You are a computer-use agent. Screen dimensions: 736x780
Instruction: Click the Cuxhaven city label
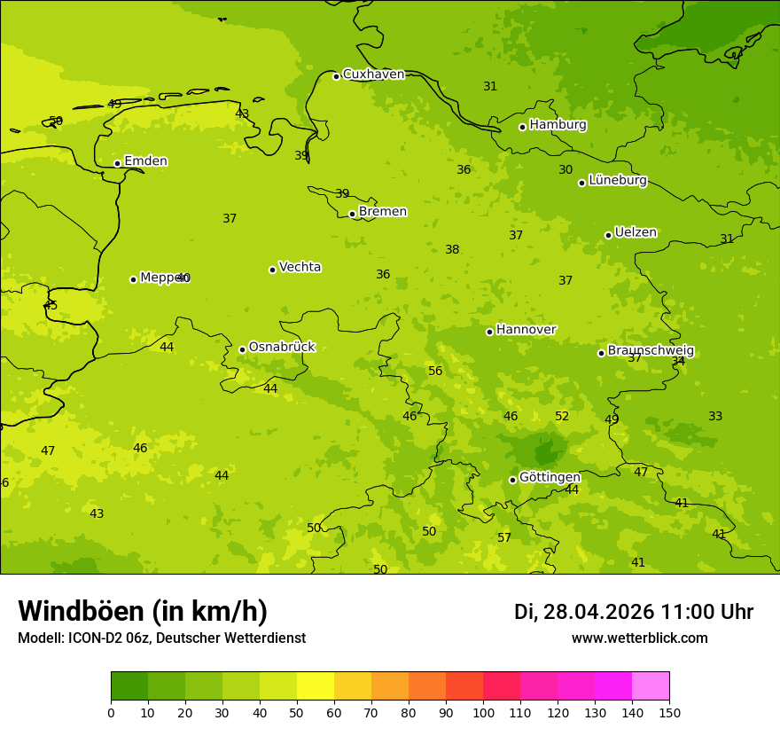coord(373,74)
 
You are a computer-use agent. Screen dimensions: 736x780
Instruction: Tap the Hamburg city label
coord(558,125)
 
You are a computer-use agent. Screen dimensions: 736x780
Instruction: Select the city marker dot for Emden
coord(117,163)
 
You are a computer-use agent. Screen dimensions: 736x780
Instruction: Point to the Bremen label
coord(383,212)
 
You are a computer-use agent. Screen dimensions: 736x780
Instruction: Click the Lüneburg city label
coord(617,181)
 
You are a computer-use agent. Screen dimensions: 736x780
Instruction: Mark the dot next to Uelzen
coord(608,235)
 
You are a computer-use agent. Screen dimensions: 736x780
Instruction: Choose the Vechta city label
coord(300,267)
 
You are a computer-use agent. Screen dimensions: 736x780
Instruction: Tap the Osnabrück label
coord(282,348)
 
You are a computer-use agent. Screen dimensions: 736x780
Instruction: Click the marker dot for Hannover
coord(489,332)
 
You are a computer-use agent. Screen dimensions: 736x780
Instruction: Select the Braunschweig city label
coord(651,351)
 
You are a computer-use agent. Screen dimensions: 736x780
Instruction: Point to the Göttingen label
coord(550,478)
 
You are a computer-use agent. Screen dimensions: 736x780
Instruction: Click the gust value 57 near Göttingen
coord(504,538)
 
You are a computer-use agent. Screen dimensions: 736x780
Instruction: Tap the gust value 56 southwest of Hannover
coord(435,372)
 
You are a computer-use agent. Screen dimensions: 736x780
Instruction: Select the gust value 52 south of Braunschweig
coord(562,417)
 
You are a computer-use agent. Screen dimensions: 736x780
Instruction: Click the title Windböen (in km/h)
coord(143,611)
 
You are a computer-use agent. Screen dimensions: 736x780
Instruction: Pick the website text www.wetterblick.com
coord(639,638)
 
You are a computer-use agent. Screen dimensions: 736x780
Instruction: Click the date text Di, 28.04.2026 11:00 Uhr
coord(633,612)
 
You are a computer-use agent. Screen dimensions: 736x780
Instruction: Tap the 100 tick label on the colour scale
coord(483,712)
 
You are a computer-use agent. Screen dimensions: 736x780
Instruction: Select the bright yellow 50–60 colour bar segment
coord(316,686)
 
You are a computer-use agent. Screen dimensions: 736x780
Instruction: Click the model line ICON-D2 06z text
coord(161,638)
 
